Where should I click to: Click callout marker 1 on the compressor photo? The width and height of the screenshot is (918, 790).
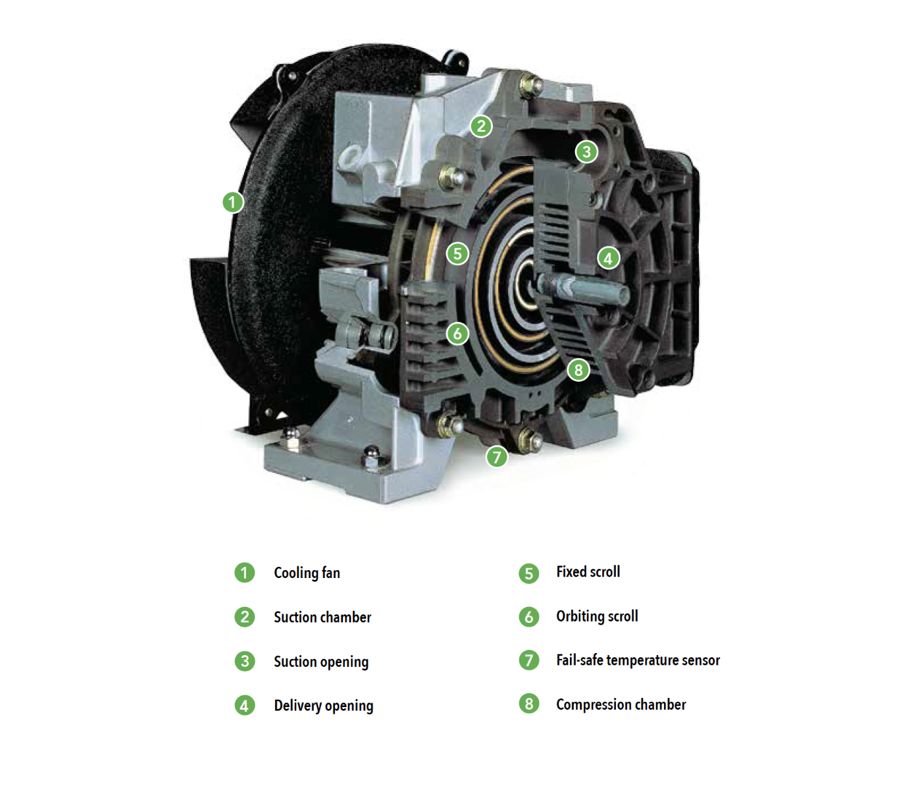pos(232,202)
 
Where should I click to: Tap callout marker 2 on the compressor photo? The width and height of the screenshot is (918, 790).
pos(481,126)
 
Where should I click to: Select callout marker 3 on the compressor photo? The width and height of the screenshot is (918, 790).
pos(586,152)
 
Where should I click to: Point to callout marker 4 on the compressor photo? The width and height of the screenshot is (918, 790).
pos(608,258)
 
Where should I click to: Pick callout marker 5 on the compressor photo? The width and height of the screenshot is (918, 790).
pos(457,253)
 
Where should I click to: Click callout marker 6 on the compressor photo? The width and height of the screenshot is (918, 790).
pos(457,333)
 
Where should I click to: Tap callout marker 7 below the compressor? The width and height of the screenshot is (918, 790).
pos(497,456)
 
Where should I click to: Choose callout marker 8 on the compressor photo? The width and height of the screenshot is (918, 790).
pos(578,370)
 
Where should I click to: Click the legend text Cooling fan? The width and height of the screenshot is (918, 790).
pos(307,573)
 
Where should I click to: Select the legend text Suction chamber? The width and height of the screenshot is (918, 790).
pos(322,618)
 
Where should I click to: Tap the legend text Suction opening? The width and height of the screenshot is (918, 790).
pos(321,662)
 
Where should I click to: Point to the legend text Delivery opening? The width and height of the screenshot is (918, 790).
pos(323,706)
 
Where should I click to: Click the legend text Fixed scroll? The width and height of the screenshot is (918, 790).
pos(588,572)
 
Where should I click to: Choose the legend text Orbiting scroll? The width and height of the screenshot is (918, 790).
pos(597,616)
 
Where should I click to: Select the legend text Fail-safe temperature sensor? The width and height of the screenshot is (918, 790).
pos(638,660)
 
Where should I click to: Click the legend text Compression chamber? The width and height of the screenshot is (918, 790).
pos(621,704)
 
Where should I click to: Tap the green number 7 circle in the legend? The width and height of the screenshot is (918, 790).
pos(529,660)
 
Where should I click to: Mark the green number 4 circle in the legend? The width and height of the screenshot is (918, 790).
pos(245,706)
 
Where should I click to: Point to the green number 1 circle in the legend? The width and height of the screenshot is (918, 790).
pos(245,573)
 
